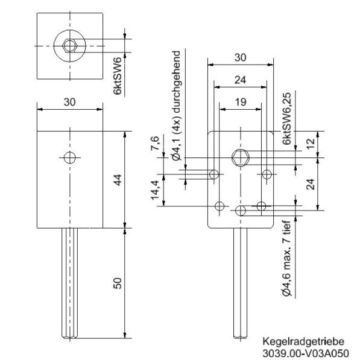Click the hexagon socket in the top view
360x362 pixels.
coord(70,45)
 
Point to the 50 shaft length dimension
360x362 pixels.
coord(118,283)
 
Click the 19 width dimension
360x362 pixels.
coord(240,103)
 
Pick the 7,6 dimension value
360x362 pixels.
coord(155,144)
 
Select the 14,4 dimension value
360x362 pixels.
coord(155,190)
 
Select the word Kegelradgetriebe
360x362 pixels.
coord(297,341)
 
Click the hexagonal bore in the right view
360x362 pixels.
coord(240,157)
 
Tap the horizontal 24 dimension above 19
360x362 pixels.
coord(240,79)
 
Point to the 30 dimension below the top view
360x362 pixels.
coord(70,103)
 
